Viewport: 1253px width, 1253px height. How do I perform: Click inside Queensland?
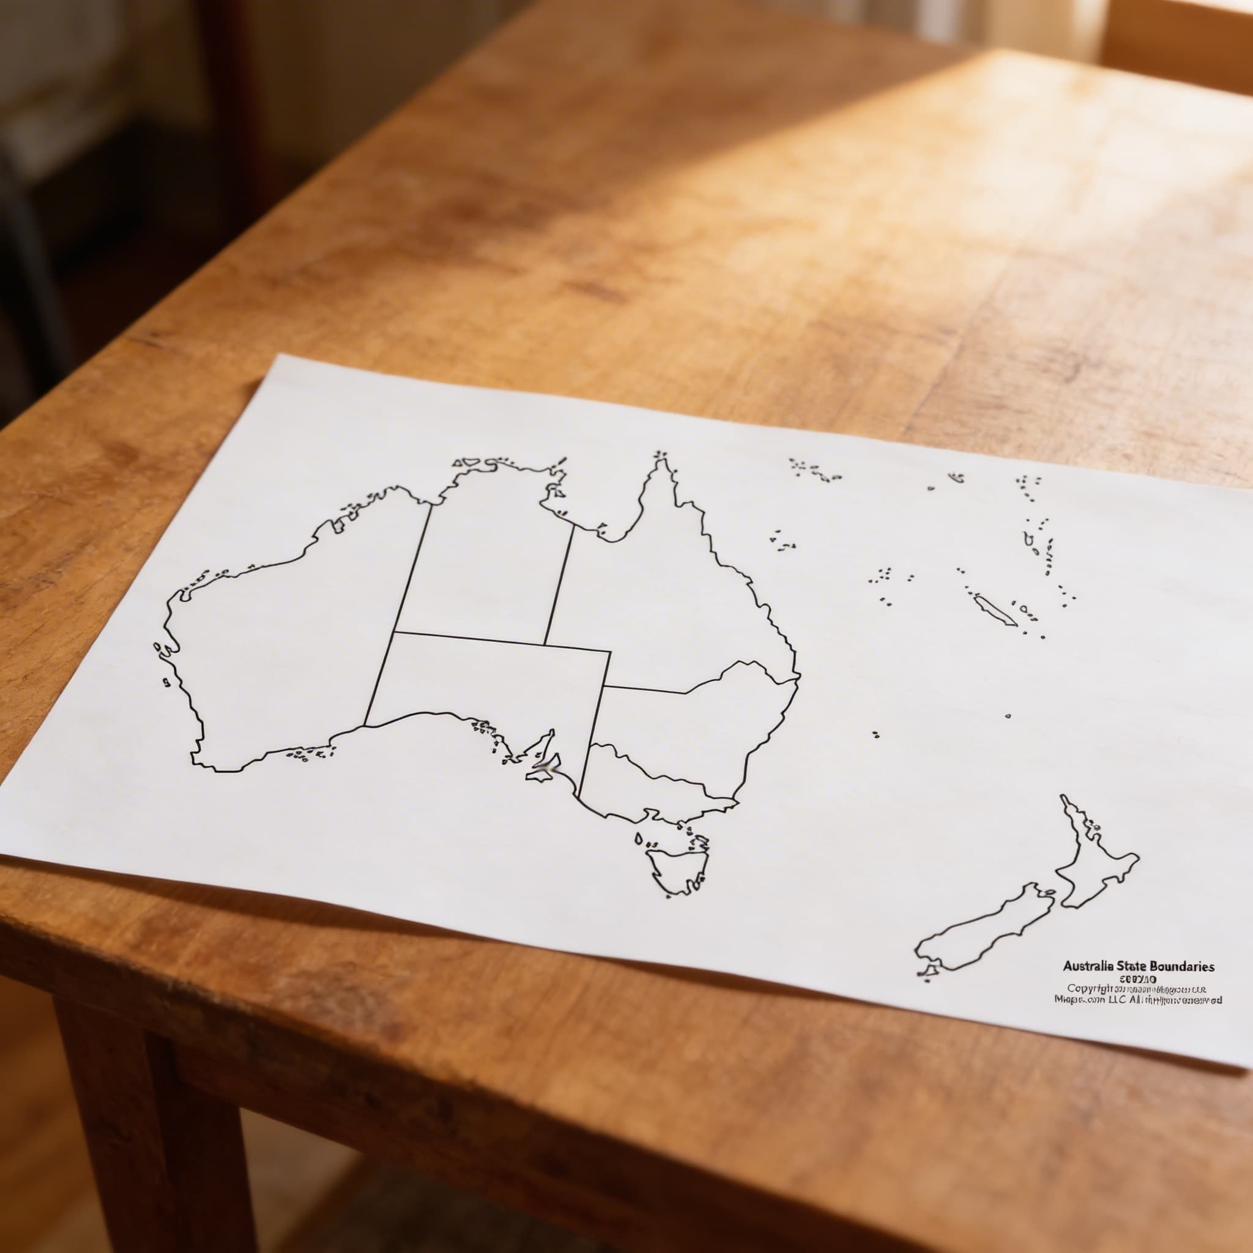click(674, 603)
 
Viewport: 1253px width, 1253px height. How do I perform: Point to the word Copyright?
click(1090, 1006)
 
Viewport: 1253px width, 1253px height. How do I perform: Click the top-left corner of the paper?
click(278, 355)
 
